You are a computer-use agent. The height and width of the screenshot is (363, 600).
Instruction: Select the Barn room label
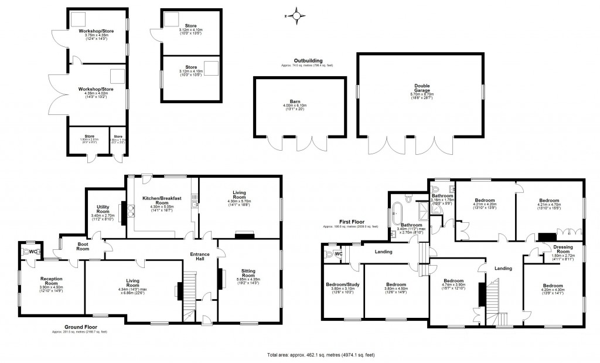coord(299,104)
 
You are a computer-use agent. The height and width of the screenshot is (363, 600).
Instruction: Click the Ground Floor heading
coord(81,327)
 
